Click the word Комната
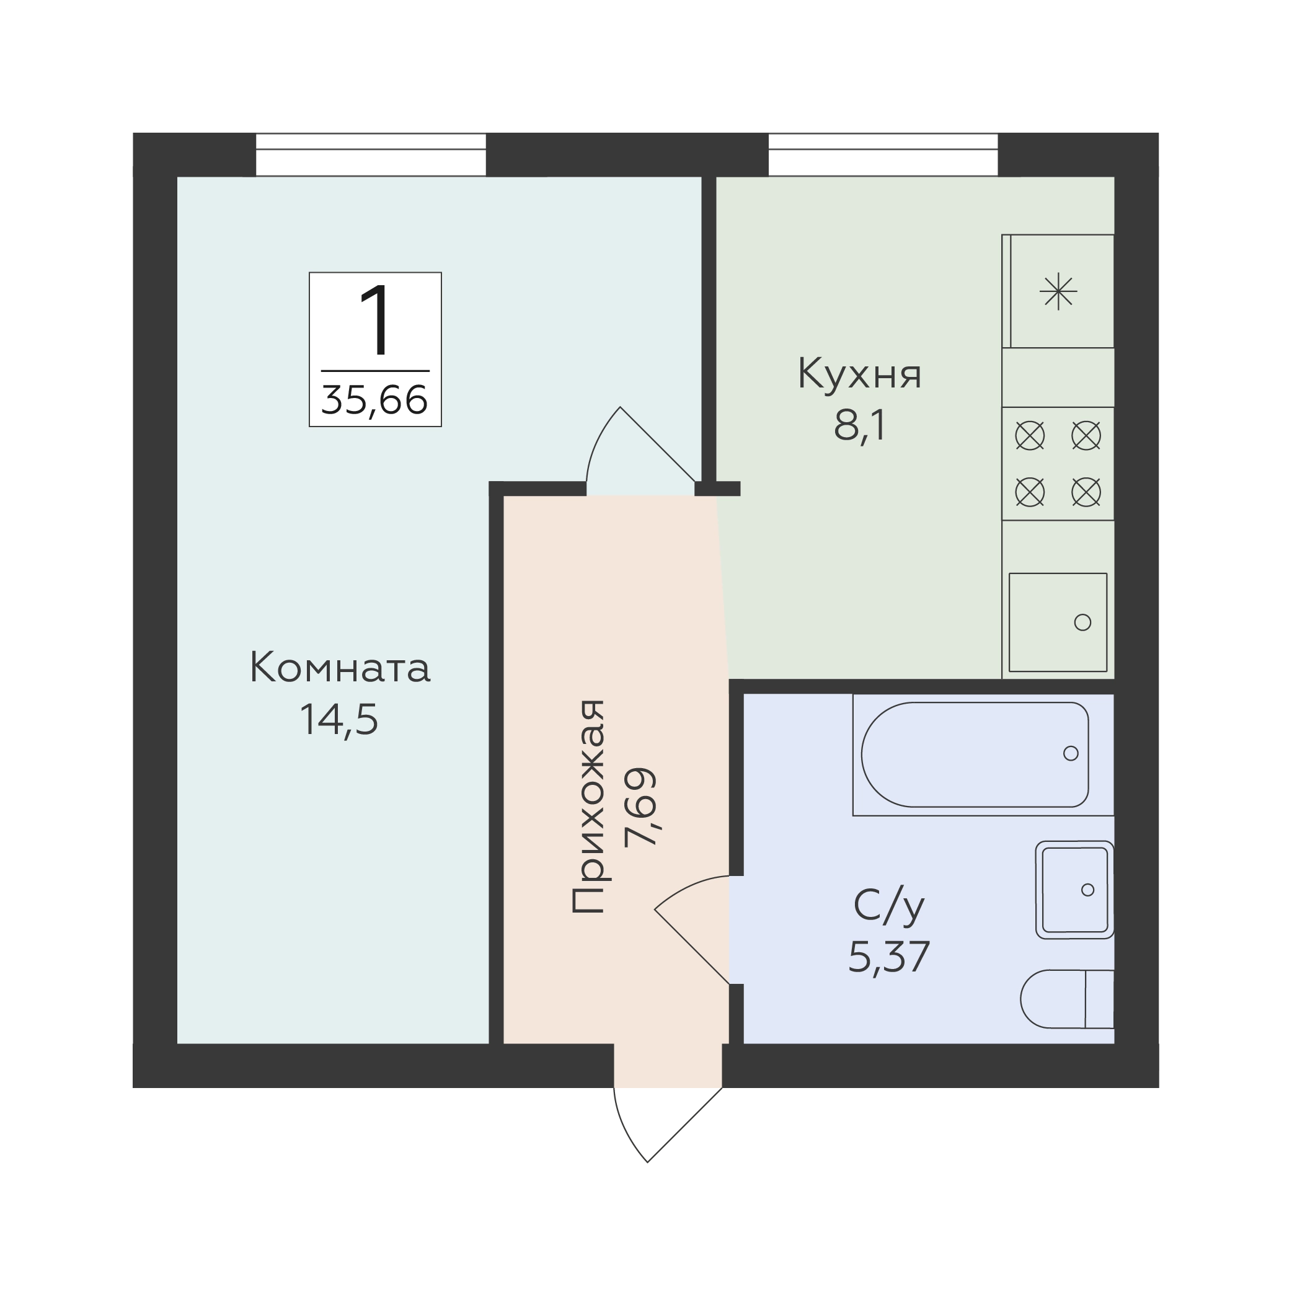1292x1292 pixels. point(340,668)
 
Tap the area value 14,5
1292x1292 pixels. point(339,720)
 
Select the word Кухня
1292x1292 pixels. point(859,374)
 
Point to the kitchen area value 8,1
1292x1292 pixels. point(860,425)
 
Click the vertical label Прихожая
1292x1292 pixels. point(588,807)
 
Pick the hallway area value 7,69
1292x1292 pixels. point(640,807)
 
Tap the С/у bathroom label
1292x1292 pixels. point(889,906)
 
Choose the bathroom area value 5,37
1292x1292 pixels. point(889,957)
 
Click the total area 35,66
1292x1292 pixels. point(374,400)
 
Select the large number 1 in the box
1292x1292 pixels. point(376,320)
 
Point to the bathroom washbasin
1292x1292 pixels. point(1074,890)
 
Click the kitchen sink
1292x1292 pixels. point(1058,622)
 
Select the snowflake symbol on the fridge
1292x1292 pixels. point(1059,292)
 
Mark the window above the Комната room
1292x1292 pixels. point(371,154)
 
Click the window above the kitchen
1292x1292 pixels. point(883,154)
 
